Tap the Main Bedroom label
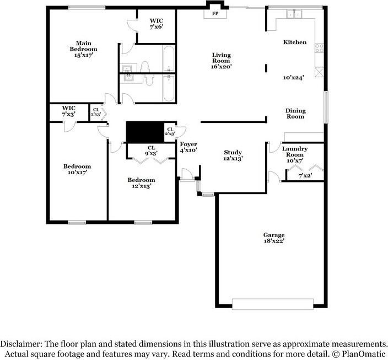84,49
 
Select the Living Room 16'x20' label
222,60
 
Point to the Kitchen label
295,42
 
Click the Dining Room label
295,114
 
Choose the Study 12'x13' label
233,155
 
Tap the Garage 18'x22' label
274,238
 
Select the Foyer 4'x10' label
188,147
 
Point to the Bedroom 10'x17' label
77,169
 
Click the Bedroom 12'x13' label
141,183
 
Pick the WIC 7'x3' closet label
69,111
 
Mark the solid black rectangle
145,132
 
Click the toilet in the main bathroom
145,67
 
